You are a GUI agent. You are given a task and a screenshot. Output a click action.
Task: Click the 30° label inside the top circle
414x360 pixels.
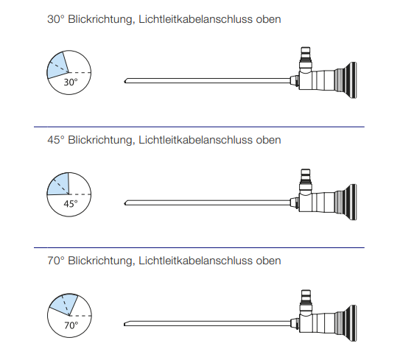71,82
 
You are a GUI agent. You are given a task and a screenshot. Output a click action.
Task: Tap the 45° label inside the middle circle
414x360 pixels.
71,204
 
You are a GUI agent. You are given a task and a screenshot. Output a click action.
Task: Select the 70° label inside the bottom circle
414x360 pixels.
71,325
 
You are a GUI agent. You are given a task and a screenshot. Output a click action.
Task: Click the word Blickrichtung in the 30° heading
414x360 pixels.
100,20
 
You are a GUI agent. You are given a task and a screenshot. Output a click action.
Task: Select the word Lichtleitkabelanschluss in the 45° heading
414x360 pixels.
195,140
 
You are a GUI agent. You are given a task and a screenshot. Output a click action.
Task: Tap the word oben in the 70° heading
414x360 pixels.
268,261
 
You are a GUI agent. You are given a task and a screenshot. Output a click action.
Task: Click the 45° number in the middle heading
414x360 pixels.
56,140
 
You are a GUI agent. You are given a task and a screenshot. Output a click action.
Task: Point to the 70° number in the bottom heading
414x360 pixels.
56,261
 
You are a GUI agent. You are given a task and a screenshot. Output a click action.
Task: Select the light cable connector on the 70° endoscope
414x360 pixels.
306,302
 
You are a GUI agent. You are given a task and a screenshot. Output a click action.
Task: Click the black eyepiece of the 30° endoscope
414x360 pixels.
347,80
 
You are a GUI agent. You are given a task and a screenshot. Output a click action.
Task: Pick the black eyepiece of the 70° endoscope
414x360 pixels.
347,323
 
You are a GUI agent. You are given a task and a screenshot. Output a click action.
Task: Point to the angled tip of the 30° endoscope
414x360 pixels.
124,82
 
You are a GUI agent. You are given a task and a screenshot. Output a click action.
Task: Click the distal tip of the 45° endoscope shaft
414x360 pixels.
124,203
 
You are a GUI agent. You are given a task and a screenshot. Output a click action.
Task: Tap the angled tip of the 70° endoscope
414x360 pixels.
124,325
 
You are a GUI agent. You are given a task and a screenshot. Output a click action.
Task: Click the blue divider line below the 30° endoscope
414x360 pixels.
199,127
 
